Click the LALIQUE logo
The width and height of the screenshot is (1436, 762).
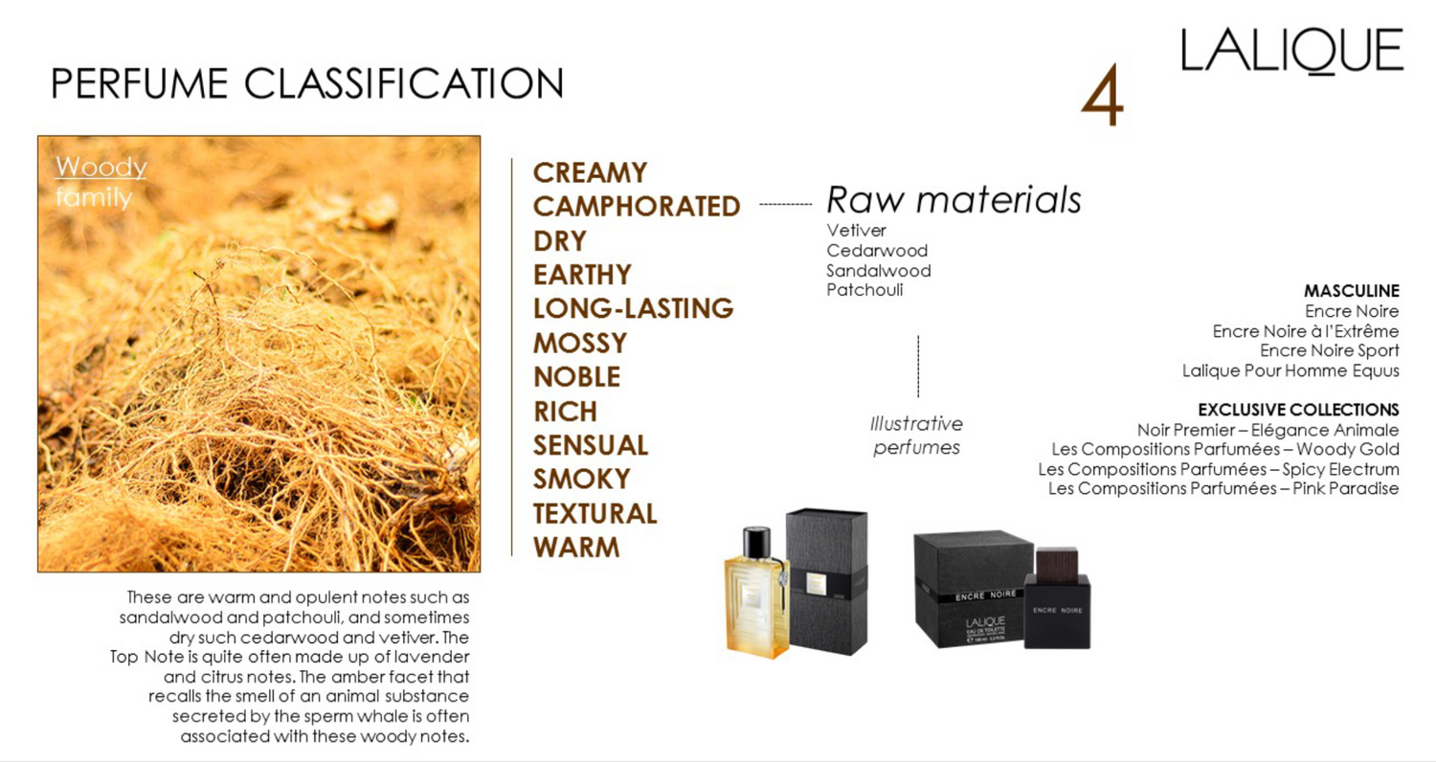coord(1291,51)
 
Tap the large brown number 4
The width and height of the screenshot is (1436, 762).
coord(1103,95)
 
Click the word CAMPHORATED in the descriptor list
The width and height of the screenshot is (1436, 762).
coord(637,207)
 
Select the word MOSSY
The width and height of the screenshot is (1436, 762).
coord(580,343)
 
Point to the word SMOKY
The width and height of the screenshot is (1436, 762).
coord(581,479)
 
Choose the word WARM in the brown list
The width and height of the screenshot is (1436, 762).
coord(576,548)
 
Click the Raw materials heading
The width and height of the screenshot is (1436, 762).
coord(954,199)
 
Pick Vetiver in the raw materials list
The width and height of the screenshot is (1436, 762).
coord(856,230)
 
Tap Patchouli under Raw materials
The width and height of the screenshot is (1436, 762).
coord(864,290)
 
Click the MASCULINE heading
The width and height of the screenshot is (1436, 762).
coord(1352,291)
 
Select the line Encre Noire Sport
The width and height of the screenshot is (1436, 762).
coord(1329,350)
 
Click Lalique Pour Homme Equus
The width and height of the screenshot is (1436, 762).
coord(1290,370)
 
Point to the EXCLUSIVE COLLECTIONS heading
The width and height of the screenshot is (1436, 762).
coord(1298,410)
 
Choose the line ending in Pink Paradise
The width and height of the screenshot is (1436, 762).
coord(1223,488)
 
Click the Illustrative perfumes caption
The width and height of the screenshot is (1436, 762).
coord(916,436)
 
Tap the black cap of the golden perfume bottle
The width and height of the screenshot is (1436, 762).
coord(756,542)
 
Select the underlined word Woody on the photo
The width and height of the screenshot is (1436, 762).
coord(101,167)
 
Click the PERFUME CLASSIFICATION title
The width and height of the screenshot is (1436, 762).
coord(307,83)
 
